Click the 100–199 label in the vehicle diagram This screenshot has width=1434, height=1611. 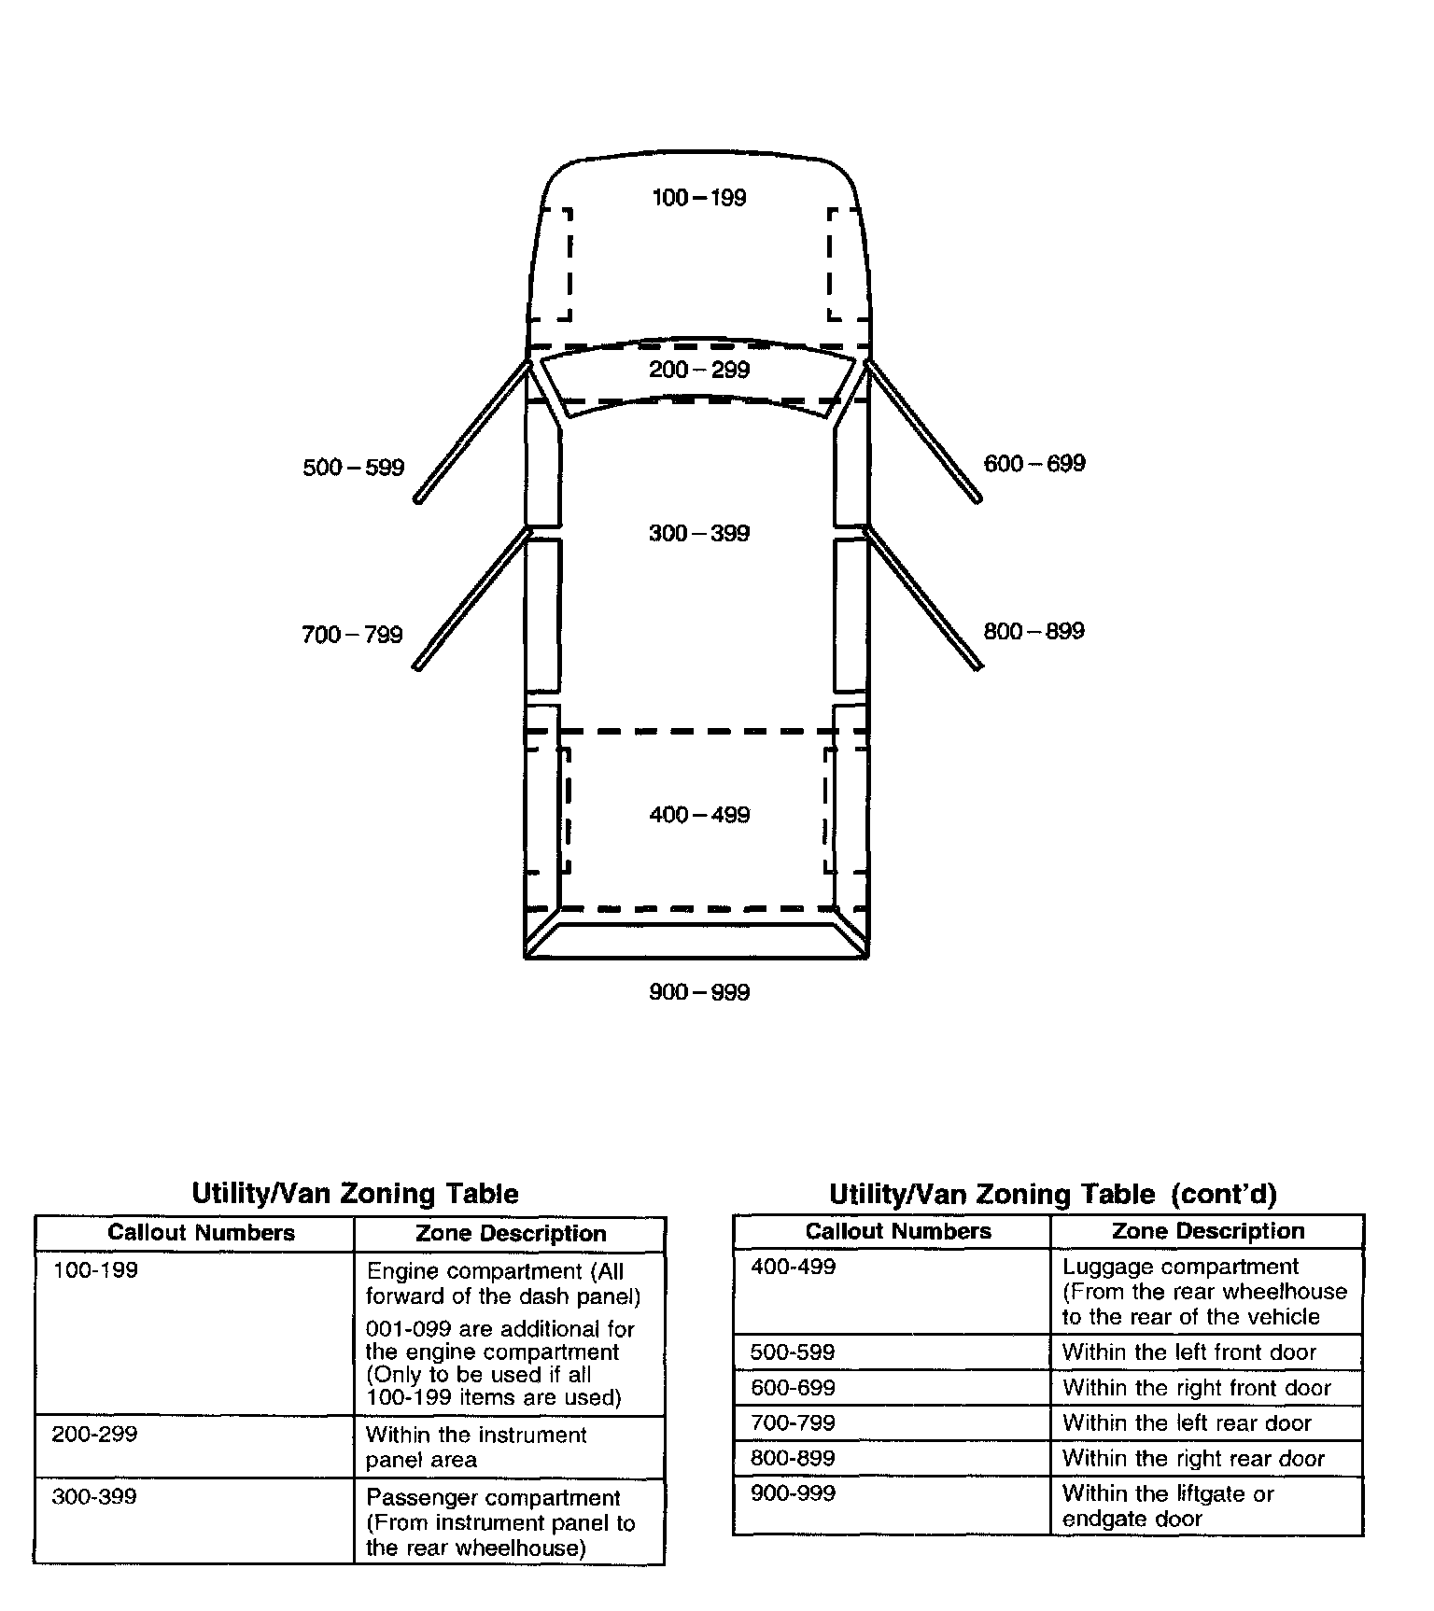[698, 198]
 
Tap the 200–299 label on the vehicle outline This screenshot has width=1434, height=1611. [699, 371]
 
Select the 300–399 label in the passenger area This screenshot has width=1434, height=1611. [699, 534]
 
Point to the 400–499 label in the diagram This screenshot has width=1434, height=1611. [699, 816]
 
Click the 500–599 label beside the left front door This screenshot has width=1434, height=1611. [353, 468]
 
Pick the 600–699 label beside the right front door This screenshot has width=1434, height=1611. [1034, 464]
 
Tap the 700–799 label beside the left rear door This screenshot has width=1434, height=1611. [352, 636]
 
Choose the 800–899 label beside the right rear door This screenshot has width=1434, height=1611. [1033, 632]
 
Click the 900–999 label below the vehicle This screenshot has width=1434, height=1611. [699, 992]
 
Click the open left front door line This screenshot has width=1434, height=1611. [471, 432]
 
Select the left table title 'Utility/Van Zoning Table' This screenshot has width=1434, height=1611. [355, 1194]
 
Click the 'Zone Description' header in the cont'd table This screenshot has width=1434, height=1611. [1208, 1231]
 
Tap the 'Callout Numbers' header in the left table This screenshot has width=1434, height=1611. [201, 1233]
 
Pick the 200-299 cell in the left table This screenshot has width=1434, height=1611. [95, 1435]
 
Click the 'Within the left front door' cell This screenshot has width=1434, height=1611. [1188, 1352]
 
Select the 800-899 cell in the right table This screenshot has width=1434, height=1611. [793, 1458]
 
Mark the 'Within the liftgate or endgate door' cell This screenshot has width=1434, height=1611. [1168, 1506]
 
